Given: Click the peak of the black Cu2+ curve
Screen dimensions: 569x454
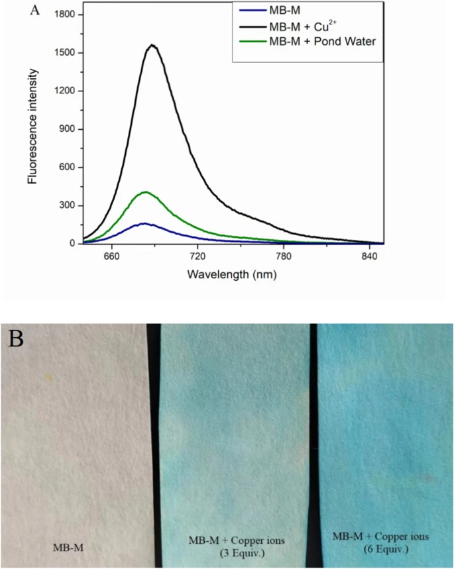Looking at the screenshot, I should tap(152, 45).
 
